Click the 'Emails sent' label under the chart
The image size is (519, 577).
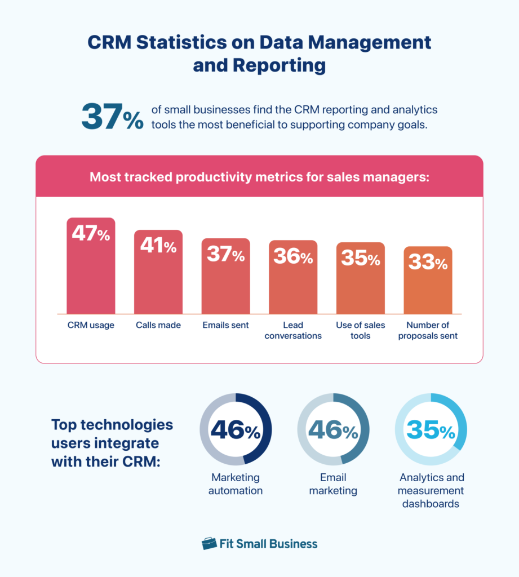[225, 325]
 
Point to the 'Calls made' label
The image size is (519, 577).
[158, 325]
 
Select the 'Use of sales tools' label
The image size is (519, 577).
[360, 330]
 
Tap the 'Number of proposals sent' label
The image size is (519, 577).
[428, 330]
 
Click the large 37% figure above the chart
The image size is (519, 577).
[113, 117]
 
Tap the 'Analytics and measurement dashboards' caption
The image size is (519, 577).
[431, 490]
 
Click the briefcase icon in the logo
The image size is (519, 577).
[209, 544]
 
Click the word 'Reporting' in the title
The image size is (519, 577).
[259, 65]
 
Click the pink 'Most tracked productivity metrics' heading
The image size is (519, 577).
[259, 177]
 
